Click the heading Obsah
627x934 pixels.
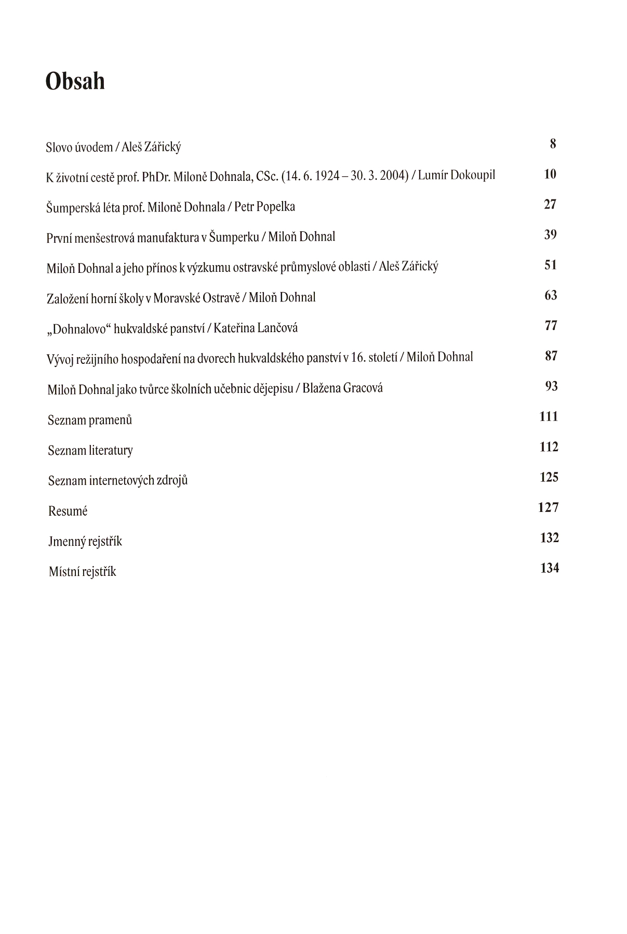75,82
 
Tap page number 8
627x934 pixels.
553,143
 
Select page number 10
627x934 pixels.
550,174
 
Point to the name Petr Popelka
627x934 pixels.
264,207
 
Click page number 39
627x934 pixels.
550,235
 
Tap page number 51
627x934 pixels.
550,265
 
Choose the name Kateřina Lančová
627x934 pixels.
256,328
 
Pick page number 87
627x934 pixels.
551,356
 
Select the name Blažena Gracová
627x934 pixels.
342,388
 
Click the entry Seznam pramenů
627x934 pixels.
90,420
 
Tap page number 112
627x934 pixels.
549,447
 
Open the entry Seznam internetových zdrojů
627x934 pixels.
118,480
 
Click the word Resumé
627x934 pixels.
68,511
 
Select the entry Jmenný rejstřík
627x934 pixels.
85,542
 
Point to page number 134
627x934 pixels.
549,568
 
